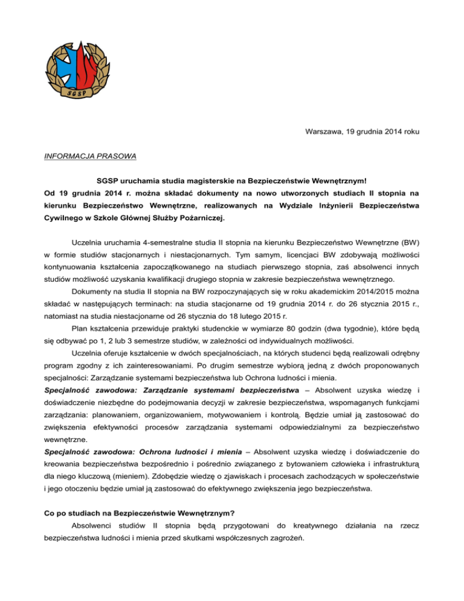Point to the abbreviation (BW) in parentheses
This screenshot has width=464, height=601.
coord(413,236)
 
